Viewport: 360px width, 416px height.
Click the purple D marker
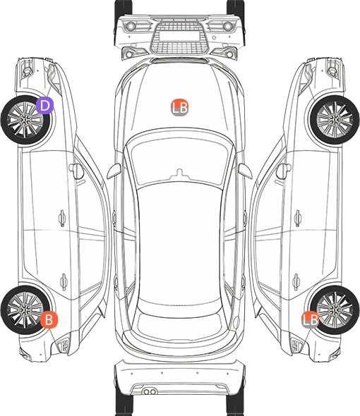coord(44,105)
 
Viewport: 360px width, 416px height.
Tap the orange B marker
coord(49,319)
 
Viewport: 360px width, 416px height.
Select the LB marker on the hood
coord(179,108)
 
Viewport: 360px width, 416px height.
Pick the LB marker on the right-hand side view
coord(311,319)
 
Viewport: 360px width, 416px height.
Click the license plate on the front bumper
coord(179,36)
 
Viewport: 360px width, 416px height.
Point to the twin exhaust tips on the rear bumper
coord(150,391)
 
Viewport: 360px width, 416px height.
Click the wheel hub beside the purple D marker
coord(25,120)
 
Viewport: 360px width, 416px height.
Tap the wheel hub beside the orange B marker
coord(25,310)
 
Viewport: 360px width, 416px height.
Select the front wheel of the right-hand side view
coord(335,120)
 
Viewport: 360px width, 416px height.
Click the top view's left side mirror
coord(114,171)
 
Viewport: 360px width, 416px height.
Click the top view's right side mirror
coord(245,171)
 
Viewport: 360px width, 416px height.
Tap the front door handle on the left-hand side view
coord(62,218)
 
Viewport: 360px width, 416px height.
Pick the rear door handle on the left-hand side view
coord(64,282)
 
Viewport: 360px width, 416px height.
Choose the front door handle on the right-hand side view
coord(298,218)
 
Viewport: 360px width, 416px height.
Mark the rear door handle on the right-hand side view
coord(296,282)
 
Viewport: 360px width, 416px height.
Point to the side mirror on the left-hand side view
coord(76,171)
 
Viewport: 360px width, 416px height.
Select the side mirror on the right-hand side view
coord(284,171)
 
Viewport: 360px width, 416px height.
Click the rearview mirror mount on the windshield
coord(180,174)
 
